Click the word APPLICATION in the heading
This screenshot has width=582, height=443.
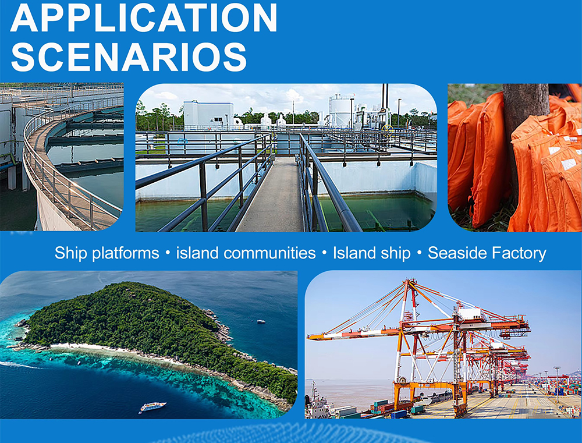[x=144, y=17]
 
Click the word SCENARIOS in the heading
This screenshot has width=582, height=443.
[x=129, y=57]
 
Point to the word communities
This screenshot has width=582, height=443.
[x=269, y=253]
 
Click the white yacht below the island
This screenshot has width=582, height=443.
[x=152, y=406]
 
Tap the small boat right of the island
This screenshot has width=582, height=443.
[x=261, y=321]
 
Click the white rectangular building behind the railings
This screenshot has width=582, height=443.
[x=208, y=115]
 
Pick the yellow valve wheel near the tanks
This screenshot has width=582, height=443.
[x=387, y=128]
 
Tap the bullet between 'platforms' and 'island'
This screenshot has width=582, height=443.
[x=168, y=254]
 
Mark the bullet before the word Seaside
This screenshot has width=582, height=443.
[x=420, y=254]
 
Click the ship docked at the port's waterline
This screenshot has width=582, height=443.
[x=317, y=403]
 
